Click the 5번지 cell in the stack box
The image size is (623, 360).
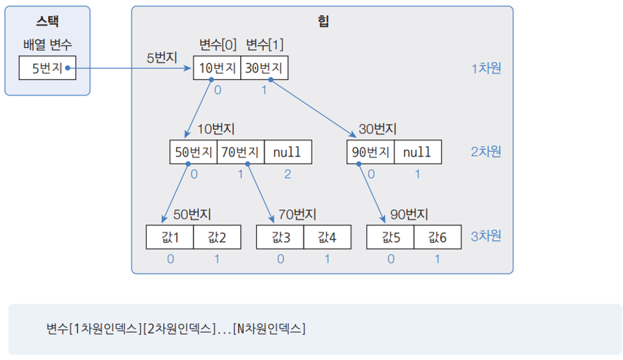click(x=47, y=68)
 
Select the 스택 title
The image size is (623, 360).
click(x=47, y=21)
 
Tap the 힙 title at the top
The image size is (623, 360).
click(x=322, y=21)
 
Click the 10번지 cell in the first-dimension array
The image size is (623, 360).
click(x=216, y=68)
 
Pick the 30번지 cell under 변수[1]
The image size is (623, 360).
click(x=264, y=68)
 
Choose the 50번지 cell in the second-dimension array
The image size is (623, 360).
click(x=194, y=152)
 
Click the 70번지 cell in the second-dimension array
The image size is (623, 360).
click(x=240, y=152)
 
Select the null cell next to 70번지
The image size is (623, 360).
click(x=287, y=152)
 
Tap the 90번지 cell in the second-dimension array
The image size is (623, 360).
click(x=370, y=152)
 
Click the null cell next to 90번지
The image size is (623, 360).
click(x=418, y=152)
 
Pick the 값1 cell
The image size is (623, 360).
click(x=170, y=237)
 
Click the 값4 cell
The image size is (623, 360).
click(x=327, y=237)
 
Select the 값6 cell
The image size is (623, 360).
click(x=437, y=237)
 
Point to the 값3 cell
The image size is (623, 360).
click(x=280, y=237)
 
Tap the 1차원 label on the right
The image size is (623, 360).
click(x=486, y=68)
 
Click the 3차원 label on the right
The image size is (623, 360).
click(x=486, y=236)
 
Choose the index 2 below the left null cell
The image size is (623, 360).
click(x=287, y=174)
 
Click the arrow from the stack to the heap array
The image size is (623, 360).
click(x=132, y=68)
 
